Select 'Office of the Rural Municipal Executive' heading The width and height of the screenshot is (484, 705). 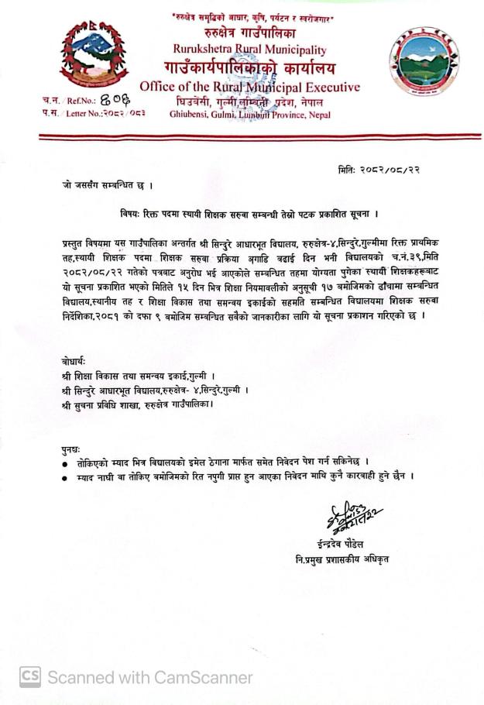pos(249,86)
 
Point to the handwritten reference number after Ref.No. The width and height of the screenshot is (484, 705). pos(116,100)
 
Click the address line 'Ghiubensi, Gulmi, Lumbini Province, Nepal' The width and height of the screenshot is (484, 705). pos(249,114)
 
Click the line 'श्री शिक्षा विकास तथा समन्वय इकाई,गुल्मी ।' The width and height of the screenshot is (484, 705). pos(139,376)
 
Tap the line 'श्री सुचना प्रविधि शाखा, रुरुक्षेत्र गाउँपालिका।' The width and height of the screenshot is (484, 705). pos(138,404)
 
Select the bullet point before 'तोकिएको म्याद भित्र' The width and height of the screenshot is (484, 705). pos(65,463)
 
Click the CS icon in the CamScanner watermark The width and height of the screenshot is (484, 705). pos(30,676)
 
